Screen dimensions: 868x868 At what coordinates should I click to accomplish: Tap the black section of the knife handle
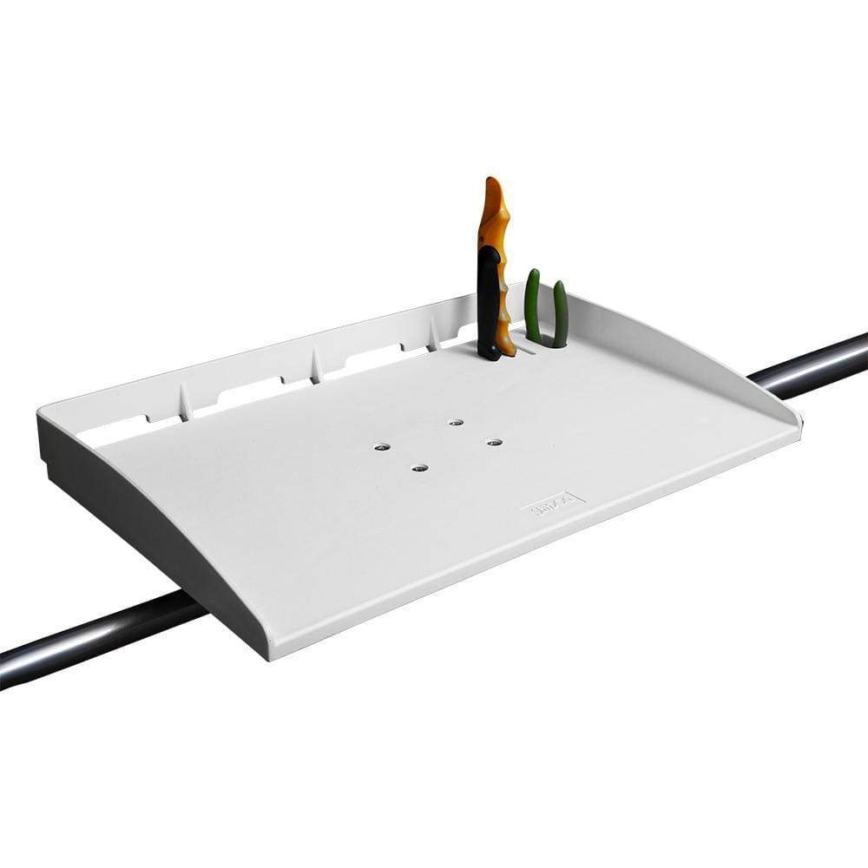pos(489,304)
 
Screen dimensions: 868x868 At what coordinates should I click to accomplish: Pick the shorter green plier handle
pos(560,313)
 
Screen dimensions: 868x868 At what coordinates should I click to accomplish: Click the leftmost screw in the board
pos(381,447)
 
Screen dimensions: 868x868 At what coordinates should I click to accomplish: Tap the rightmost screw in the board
pos(494,443)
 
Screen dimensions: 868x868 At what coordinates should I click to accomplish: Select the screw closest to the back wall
pos(456,423)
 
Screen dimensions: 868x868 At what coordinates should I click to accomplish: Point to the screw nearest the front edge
pos(419,469)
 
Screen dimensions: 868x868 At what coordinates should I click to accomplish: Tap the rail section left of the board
pos(95,638)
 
